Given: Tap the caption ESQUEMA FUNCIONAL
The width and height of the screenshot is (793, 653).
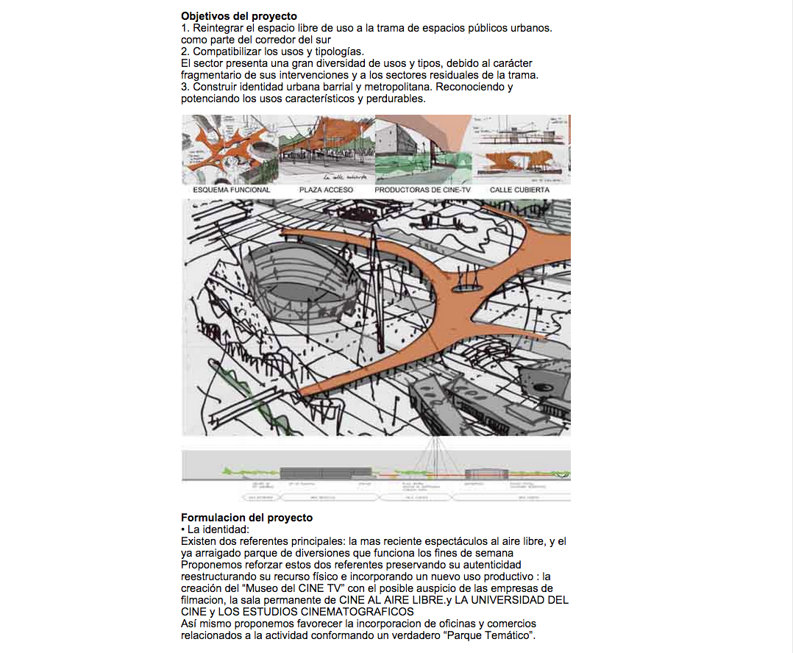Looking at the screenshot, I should tap(231, 190).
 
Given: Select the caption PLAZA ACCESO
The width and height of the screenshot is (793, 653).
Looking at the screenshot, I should tap(326, 190).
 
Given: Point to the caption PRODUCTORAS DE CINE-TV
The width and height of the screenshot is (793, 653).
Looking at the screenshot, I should tap(422, 190).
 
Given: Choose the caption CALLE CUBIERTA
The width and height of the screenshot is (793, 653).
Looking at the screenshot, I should tap(519, 190).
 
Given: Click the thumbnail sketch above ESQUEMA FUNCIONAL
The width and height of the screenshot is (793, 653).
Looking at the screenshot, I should tap(230, 149).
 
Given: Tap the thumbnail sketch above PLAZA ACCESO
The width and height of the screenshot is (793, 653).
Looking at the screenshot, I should tap(327, 149).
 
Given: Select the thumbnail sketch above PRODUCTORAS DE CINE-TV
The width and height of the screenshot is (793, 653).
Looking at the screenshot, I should tap(423, 149).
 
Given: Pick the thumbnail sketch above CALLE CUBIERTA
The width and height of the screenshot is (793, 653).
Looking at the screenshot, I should tap(521, 149).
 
